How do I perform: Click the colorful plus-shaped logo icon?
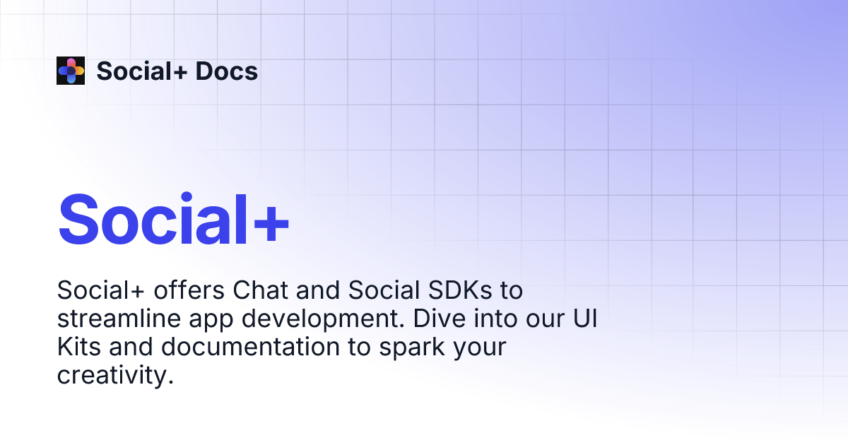[x=71, y=71]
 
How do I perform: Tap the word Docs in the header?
[x=226, y=71]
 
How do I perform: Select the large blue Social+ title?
[x=174, y=220]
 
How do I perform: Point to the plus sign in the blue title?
[x=271, y=222]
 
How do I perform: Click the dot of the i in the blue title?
[x=187, y=197]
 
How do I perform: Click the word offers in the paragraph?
[x=189, y=290]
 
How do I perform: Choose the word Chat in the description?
[x=261, y=290]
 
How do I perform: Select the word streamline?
[x=119, y=319]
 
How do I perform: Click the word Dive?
[x=439, y=319]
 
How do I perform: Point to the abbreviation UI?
[x=585, y=319]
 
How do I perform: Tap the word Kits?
[x=79, y=347]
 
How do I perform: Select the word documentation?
[x=251, y=347]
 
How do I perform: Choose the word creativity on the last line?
[x=115, y=376]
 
